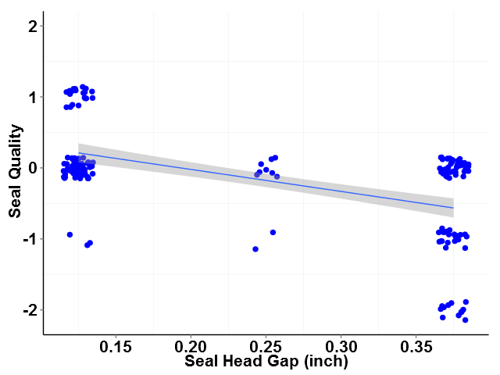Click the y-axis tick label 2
(x=31, y=27)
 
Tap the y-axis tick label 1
(x=31, y=98)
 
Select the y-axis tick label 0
(x=31, y=168)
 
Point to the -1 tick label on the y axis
(x=28, y=239)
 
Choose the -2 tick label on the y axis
(x=28, y=310)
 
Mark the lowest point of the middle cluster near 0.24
(x=255, y=249)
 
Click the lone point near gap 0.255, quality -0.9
(x=273, y=232)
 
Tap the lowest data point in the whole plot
(x=465, y=320)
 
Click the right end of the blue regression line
(x=453, y=208)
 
